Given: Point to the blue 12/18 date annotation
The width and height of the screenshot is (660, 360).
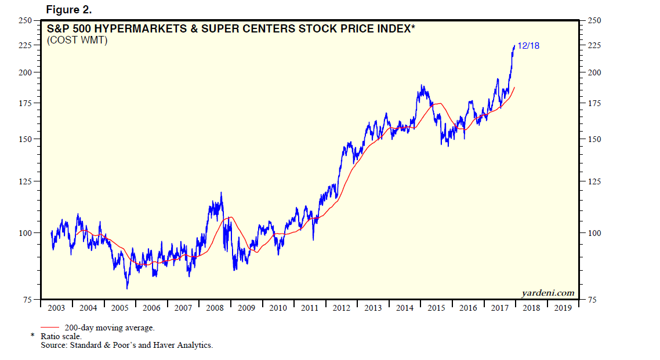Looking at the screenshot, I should [x=528, y=45].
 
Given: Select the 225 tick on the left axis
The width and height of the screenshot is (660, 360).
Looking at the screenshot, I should [x=26, y=45].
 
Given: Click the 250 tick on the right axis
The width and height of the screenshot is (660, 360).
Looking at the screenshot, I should [x=595, y=21].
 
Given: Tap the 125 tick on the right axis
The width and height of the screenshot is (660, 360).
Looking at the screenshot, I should [x=595, y=181].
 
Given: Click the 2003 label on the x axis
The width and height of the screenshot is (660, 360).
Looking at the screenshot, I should [x=56, y=308].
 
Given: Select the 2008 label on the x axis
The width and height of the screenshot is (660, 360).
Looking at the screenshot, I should [x=215, y=308].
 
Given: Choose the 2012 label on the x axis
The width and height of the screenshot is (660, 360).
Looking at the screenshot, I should [x=341, y=308].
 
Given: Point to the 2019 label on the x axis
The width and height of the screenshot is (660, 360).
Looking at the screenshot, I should [x=563, y=308].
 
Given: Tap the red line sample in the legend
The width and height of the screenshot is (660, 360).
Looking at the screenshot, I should [x=50, y=328].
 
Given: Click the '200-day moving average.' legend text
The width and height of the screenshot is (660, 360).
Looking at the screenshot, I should [x=110, y=328].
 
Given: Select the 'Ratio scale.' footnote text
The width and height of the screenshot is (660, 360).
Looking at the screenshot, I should [x=61, y=336].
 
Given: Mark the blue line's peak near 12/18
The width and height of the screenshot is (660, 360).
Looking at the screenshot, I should [x=514, y=46].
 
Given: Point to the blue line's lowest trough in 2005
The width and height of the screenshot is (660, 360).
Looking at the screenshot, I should [x=127, y=288].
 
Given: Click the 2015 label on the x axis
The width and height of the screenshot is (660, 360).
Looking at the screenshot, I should [x=436, y=308].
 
